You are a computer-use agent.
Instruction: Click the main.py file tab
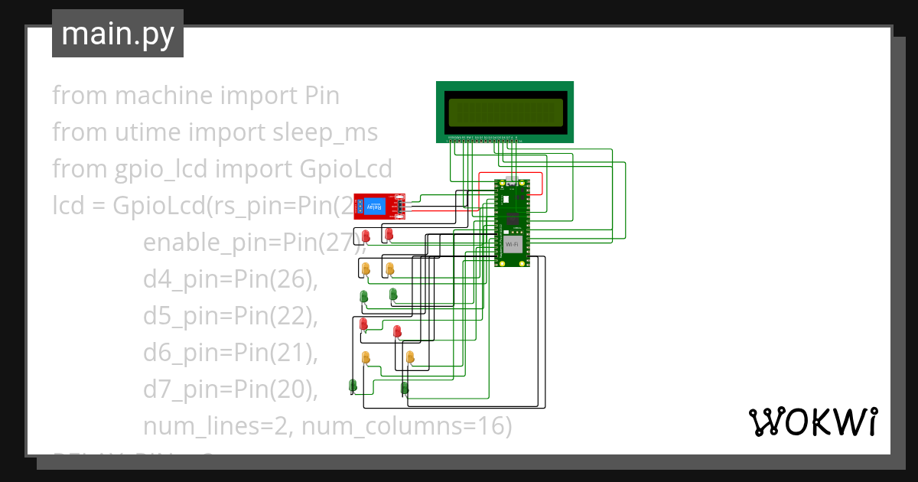118,34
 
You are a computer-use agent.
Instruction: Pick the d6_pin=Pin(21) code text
229,353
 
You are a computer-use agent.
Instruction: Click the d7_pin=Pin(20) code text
229,389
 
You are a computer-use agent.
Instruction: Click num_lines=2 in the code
214,426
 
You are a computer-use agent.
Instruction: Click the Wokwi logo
812,422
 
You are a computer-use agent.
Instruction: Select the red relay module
379,207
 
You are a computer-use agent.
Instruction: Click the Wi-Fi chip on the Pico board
512,245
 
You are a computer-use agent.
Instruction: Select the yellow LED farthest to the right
411,357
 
